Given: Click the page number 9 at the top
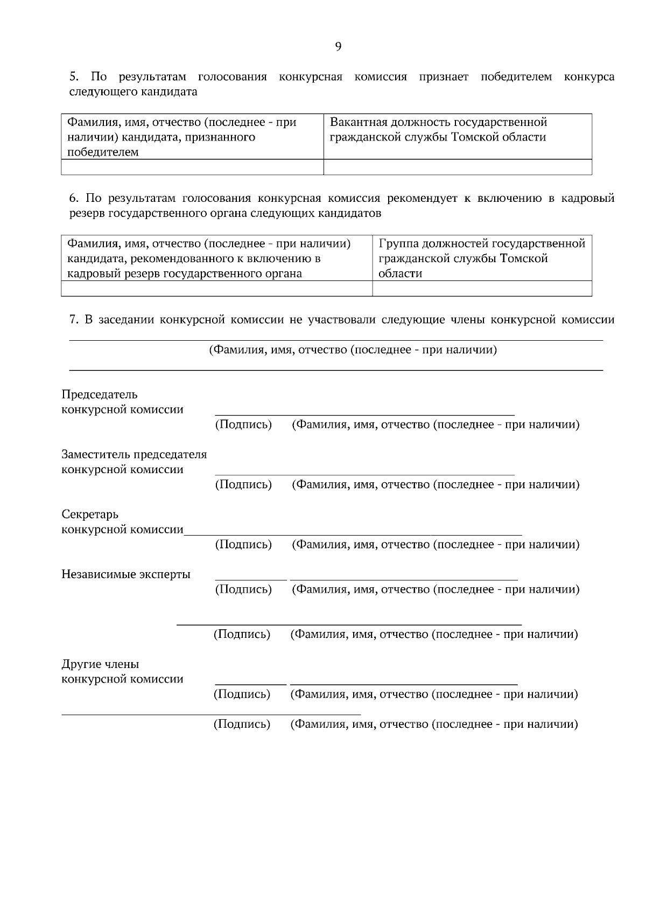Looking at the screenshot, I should [x=338, y=47].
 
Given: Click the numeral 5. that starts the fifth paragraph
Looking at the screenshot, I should [x=74, y=77].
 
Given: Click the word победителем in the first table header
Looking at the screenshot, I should [x=103, y=152].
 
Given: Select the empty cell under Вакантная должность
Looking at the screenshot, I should [x=458, y=167].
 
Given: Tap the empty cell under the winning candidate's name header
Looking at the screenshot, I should [x=192, y=167].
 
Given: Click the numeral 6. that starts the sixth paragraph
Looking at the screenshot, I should [x=74, y=199].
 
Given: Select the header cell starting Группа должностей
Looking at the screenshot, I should [x=482, y=258].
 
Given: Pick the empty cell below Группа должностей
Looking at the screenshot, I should [x=482, y=289].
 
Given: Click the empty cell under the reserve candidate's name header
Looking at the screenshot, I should [x=216, y=289].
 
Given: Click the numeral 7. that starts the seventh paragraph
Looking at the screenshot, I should [x=74, y=320].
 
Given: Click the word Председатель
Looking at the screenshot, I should [x=100, y=395].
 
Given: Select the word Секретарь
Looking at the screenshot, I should [x=90, y=515].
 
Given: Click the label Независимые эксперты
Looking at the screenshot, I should [x=126, y=574].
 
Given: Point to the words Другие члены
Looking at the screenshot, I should [x=100, y=664].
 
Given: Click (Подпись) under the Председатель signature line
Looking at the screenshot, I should [x=243, y=425].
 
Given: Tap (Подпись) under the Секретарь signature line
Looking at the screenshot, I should [x=243, y=545].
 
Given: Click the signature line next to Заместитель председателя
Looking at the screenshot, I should [x=364, y=475].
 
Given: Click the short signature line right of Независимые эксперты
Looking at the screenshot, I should [x=251, y=580].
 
